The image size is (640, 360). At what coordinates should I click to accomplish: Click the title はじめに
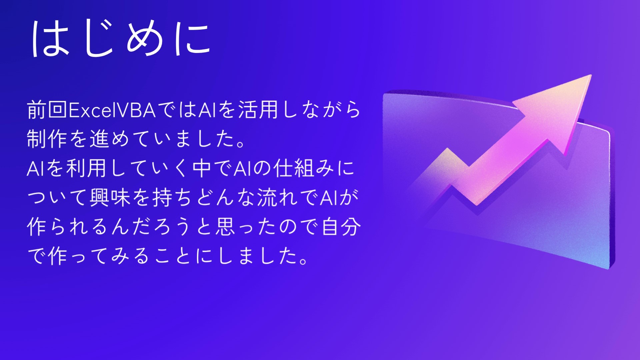121,38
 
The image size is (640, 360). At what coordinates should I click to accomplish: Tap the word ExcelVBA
112,110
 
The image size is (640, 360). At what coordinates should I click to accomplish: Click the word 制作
47,139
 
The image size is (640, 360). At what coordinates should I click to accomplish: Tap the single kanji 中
202,168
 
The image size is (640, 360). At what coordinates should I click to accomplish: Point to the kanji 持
163,197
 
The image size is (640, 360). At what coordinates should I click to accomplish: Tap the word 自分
341,227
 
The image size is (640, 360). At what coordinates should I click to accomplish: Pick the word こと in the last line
173,256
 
